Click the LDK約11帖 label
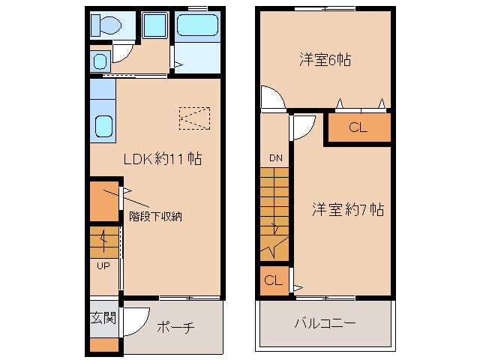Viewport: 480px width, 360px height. (x=162, y=159)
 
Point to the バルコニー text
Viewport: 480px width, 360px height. (x=325, y=323)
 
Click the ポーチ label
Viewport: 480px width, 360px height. (x=176, y=327)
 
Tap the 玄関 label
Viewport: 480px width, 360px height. (x=103, y=319)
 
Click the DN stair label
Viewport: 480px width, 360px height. (x=276, y=158)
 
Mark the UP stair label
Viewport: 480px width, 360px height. (x=103, y=265)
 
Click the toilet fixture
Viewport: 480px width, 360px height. (x=106, y=26)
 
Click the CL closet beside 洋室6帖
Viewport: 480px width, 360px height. (x=358, y=127)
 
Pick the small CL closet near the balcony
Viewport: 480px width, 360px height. (x=274, y=281)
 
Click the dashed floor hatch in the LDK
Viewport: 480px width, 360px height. (x=195, y=117)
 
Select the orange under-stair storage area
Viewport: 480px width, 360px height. (x=104, y=200)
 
